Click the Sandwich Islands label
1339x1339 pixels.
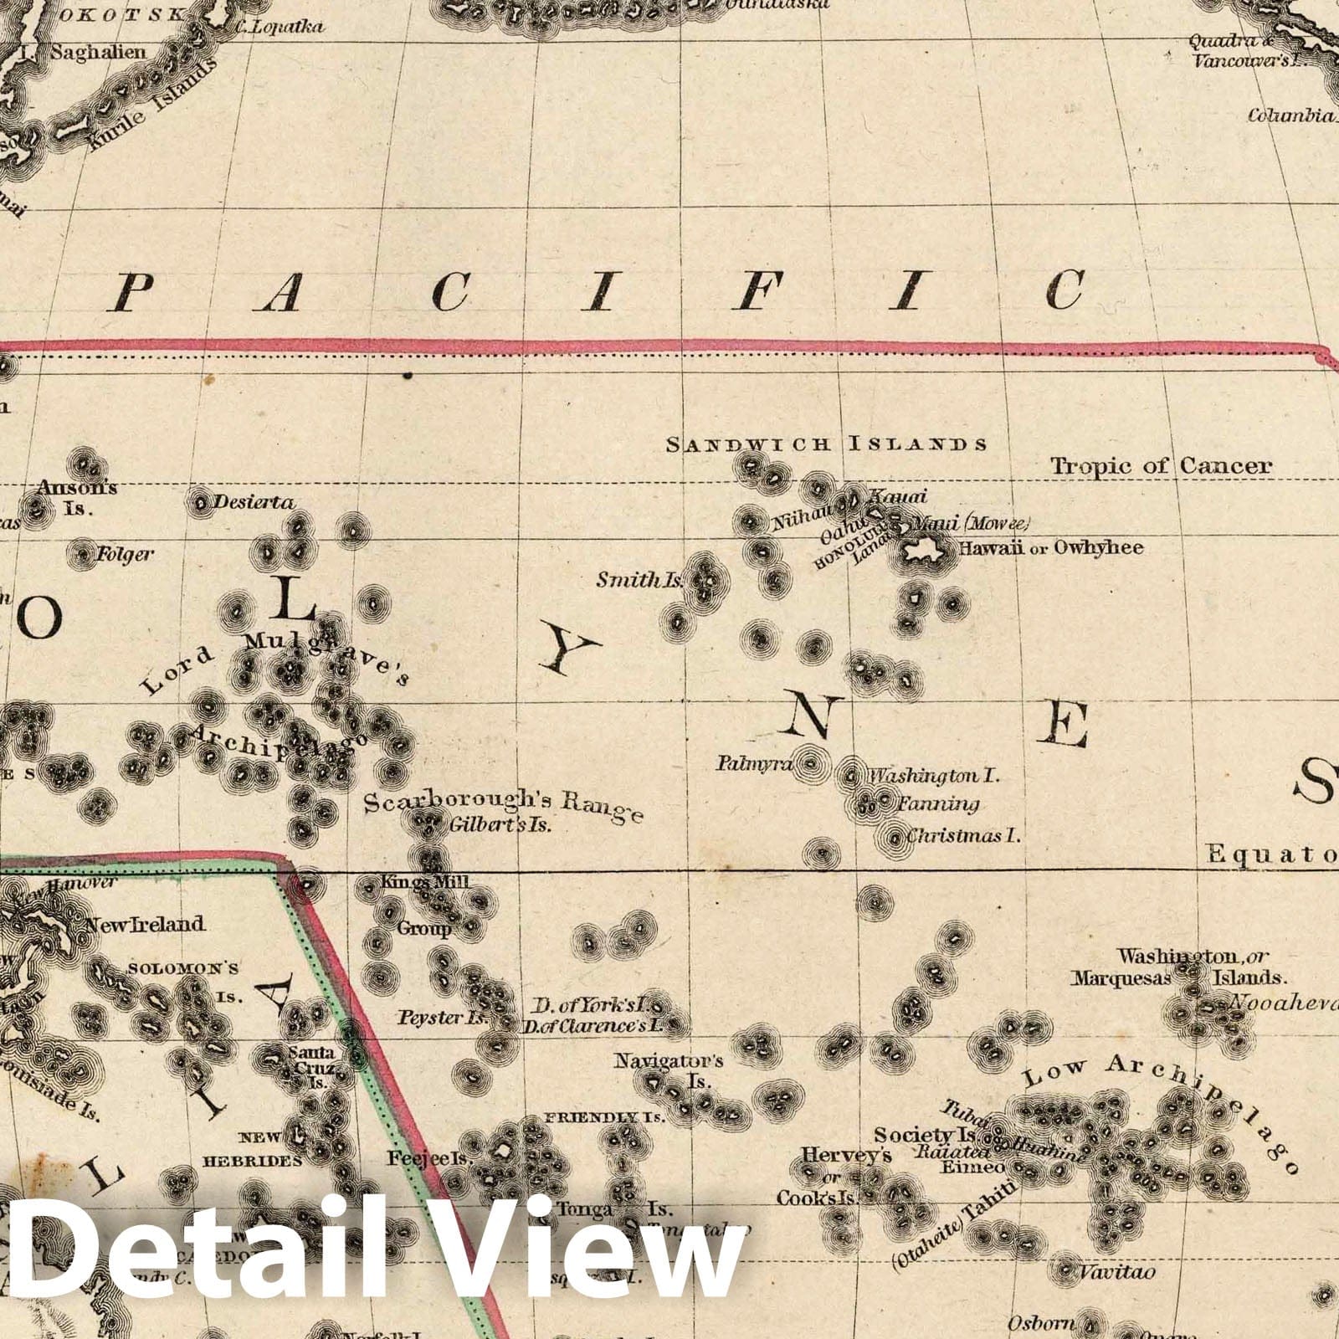pos(826,444)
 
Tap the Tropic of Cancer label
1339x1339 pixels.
pos(1161,466)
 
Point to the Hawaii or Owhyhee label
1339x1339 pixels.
pos(1050,548)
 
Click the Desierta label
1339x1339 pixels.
pos(254,502)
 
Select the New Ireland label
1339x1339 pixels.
pos(144,924)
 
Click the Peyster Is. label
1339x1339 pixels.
pos(454,1018)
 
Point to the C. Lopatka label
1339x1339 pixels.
pos(279,27)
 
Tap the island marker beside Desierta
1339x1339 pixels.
pos(201,502)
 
